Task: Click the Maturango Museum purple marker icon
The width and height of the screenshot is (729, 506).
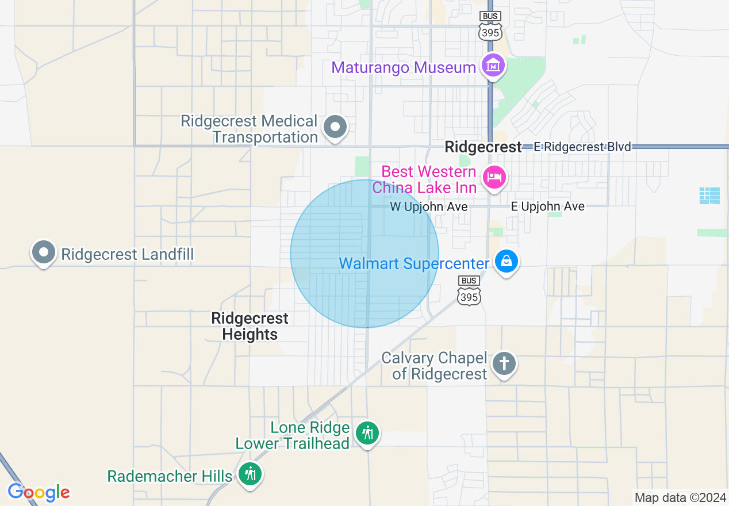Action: click(x=493, y=66)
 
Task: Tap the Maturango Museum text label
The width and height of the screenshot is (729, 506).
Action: click(x=404, y=67)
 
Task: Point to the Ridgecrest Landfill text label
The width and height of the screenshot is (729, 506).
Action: click(x=127, y=254)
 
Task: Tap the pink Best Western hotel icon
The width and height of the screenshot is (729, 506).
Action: click(x=493, y=177)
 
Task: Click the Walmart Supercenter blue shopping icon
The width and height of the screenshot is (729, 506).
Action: click(x=507, y=262)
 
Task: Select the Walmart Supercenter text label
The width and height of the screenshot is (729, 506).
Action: click(x=414, y=263)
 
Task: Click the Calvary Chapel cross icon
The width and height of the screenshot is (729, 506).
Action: click(x=504, y=363)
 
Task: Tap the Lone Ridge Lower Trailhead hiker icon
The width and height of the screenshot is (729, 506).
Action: click(x=367, y=432)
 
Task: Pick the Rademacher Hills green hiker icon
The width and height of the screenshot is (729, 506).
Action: click(x=250, y=474)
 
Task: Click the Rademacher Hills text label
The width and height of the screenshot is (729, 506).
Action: click(x=170, y=476)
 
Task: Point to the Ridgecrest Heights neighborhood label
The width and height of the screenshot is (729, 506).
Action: click(x=250, y=326)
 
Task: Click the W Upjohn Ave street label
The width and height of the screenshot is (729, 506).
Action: click(x=429, y=206)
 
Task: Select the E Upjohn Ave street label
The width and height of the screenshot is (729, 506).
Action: click(x=548, y=206)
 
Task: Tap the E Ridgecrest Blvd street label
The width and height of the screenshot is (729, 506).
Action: click(x=582, y=147)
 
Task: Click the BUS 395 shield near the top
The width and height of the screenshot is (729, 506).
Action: click(x=490, y=26)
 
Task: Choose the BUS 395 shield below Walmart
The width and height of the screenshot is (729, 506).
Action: click(x=469, y=290)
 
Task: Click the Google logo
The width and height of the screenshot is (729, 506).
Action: click(x=39, y=492)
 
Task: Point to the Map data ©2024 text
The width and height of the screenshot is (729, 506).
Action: click(x=680, y=497)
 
